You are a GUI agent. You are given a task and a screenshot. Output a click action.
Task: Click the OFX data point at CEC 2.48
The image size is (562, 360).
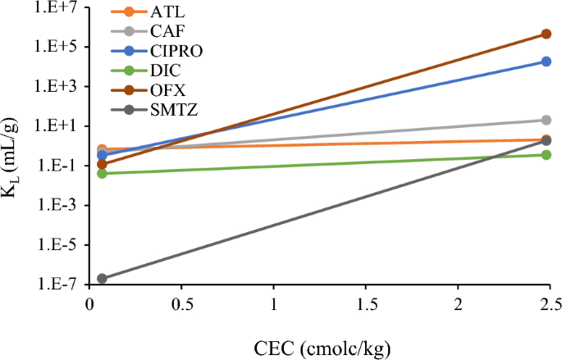(x=546, y=34)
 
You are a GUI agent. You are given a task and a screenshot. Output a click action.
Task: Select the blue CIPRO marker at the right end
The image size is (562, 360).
(x=546, y=62)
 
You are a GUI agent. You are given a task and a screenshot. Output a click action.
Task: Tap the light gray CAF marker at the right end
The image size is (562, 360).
(x=546, y=121)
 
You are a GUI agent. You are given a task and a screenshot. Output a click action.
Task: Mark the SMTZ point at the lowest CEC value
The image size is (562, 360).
(x=102, y=279)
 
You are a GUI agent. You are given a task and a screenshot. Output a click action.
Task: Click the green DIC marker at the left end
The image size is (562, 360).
(x=102, y=173)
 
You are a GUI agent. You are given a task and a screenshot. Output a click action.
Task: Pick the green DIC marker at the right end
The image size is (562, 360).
(x=546, y=154)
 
